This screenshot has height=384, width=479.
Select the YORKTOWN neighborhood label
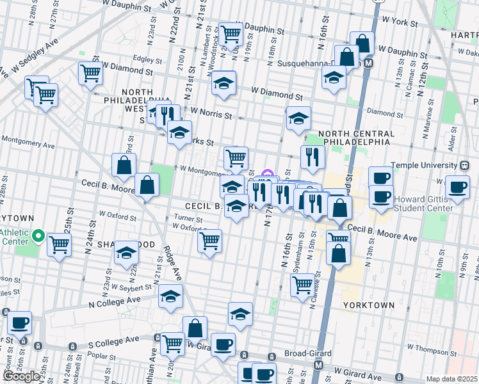[368, 305]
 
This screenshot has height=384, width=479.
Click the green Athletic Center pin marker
[38, 238]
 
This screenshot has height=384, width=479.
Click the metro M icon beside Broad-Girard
[318, 365]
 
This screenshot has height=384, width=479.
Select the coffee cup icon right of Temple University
[458, 186]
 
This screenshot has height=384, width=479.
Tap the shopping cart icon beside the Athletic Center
[60, 244]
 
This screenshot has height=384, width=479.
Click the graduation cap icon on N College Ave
[170, 296]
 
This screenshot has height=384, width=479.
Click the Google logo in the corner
[21, 376]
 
